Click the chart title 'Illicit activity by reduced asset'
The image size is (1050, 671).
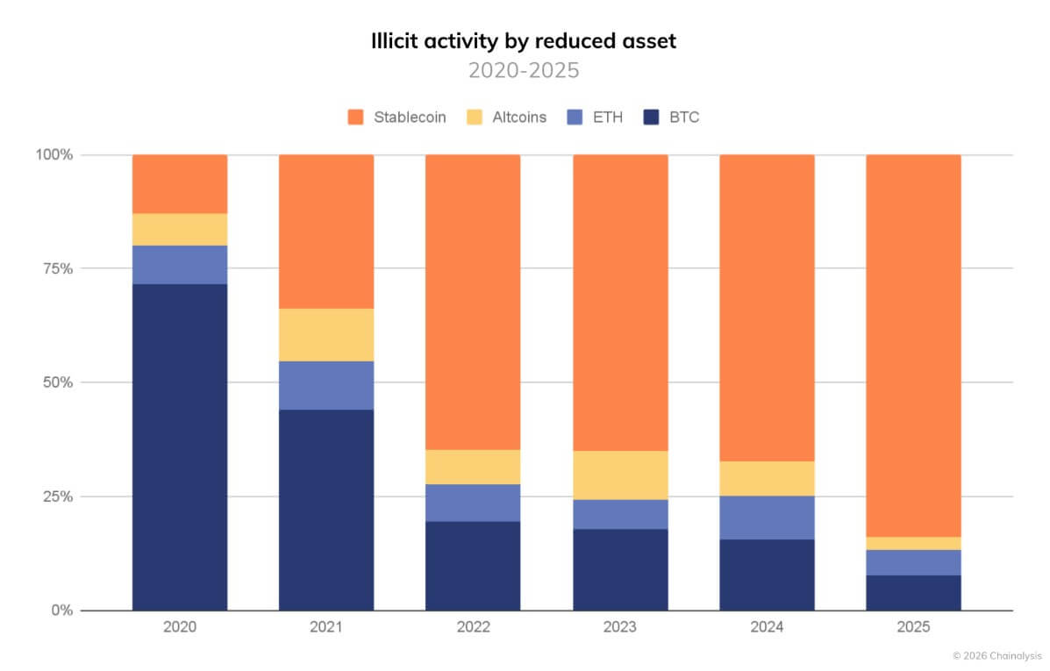524,41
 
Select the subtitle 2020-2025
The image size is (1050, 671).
524,71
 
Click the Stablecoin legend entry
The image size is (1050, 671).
397,117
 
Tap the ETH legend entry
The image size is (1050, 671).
596,117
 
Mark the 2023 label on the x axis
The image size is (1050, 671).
620,628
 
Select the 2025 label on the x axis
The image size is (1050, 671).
913,628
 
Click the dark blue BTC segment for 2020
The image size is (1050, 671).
180,446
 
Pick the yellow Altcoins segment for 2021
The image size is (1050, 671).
326,334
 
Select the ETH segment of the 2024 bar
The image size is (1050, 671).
767,518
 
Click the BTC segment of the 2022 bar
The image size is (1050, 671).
473,566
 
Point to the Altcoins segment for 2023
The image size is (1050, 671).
620,475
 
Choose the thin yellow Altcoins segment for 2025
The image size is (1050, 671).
913,543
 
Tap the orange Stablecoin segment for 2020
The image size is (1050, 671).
180,184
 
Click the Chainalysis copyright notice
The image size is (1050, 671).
998,655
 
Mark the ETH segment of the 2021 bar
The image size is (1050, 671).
326,385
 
